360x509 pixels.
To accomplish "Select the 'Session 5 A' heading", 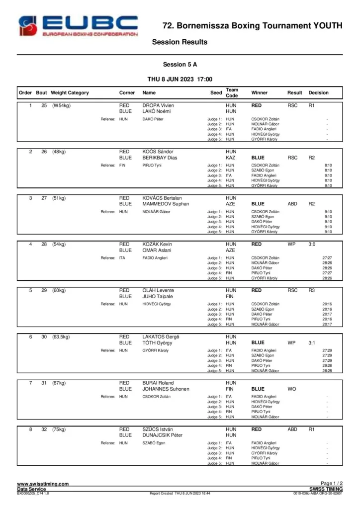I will (x=180, y=65).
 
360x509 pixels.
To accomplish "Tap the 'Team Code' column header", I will (x=232, y=93).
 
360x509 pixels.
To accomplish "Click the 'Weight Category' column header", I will (x=70, y=93).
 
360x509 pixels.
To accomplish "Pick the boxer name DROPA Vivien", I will (x=158, y=106).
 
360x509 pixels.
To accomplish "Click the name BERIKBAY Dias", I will (x=160, y=158).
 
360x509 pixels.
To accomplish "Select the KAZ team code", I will (x=230, y=158).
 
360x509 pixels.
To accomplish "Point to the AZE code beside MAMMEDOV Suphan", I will (x=230, y=204).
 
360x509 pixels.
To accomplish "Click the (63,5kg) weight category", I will (x=61, y=337).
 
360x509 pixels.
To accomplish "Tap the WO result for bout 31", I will (x=291, y=389).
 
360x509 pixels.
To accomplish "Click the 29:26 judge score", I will (x=327, y=365).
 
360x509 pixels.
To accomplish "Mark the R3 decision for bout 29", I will (x=312, y=291).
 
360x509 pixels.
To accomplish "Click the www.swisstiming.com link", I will (x=43, y=484).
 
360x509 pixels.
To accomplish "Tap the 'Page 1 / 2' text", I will (x=332, y=483).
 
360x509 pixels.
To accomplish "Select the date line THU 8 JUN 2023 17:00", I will (x=180, y=80).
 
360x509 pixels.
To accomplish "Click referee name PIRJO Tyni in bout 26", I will (x=152, y=165).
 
